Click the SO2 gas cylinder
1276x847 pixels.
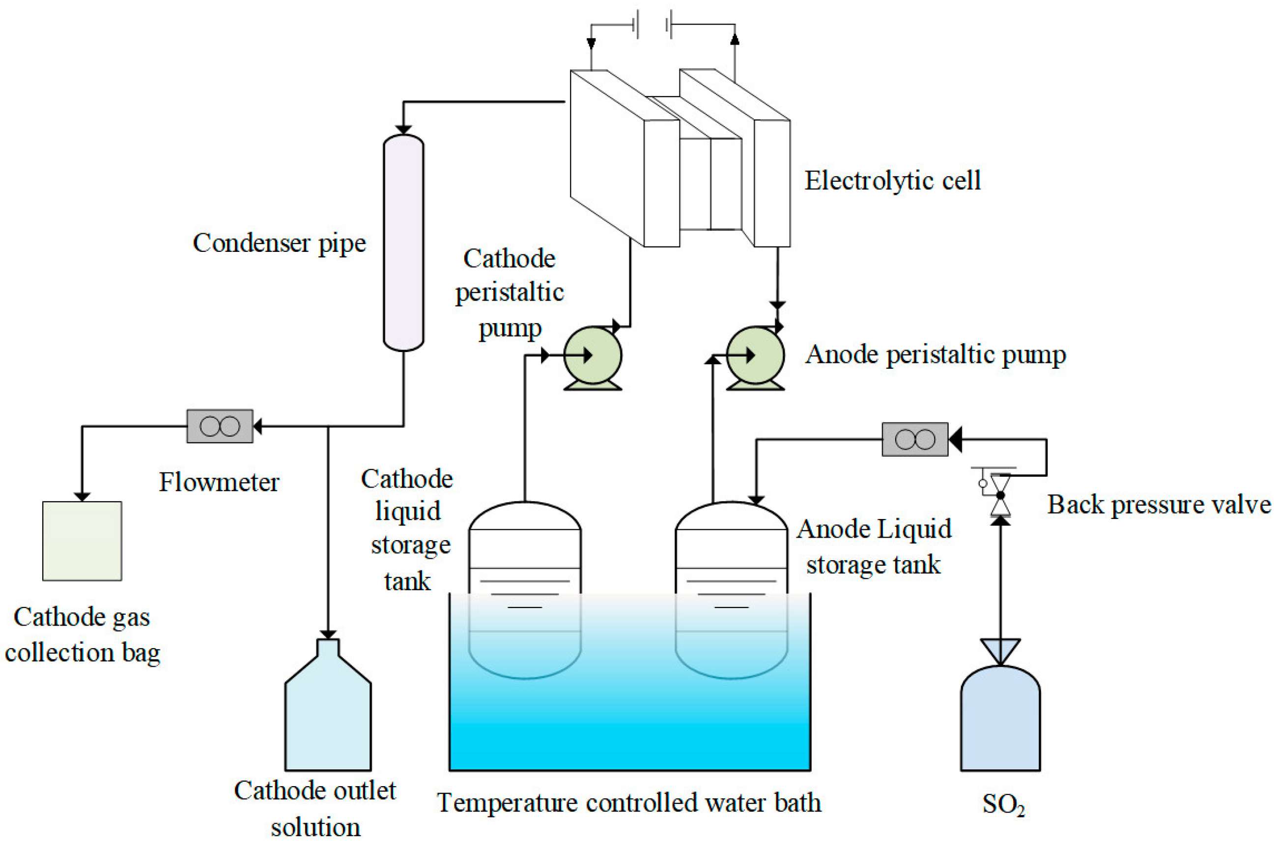pos(1000,721)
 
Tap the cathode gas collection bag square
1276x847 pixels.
pos(82,541)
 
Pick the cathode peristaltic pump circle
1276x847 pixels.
pos(593,355)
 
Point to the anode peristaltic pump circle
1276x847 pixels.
pos(755,355)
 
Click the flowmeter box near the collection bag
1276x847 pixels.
pos(220,426)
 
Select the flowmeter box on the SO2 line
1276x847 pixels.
pos(914,439)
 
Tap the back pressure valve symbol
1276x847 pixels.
pos(1000,495)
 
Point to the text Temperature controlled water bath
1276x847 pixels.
pos(629,803)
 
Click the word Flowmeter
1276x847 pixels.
pos(219,482)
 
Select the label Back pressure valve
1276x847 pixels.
pos(1159,505)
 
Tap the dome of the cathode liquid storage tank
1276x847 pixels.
pos(525,517)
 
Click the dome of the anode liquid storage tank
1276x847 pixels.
pos(731,517)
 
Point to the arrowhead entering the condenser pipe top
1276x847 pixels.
pos(403,130)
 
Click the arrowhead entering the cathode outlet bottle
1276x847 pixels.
pos(328,634)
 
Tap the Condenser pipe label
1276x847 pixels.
pos(280,244)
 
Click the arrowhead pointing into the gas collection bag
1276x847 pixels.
pos(82,496)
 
